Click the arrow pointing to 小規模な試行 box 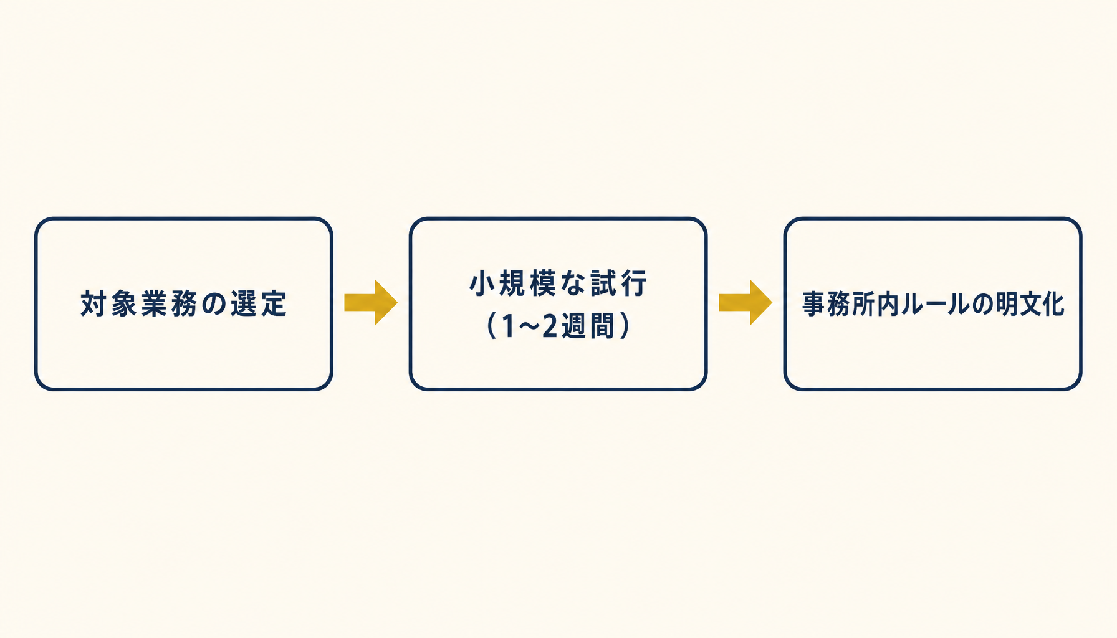coord(371,303)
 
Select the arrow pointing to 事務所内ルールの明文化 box coord(745,303)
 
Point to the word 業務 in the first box coord(169,304)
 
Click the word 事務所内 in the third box coord(850,304)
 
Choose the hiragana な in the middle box coord(573,283)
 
